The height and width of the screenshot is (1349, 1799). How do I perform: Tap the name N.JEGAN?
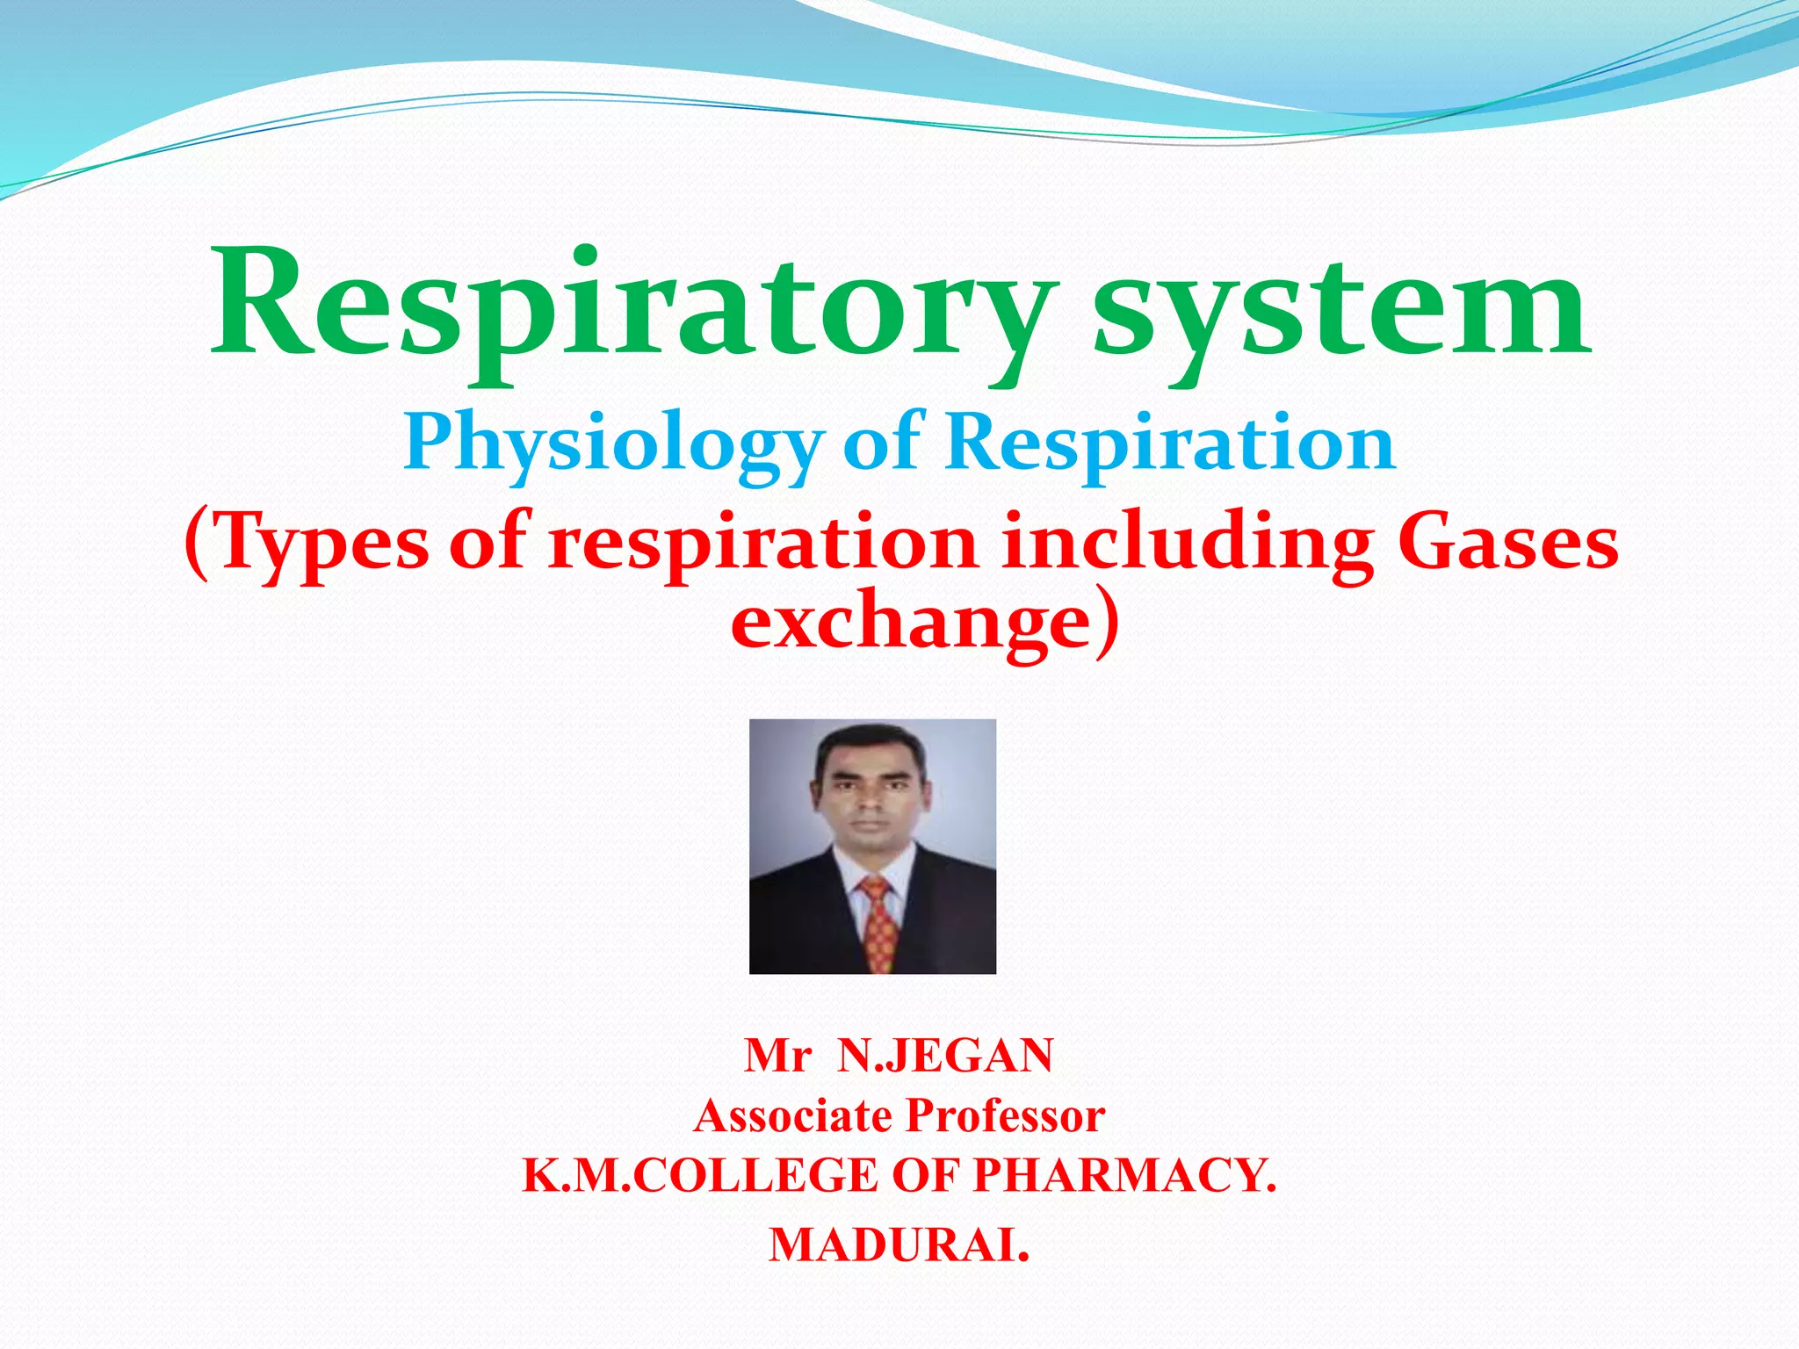point(945,1056)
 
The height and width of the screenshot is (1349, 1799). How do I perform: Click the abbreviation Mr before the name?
point(777,1056)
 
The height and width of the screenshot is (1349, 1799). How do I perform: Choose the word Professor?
point(1005,1116)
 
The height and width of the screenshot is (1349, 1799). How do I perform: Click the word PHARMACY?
point(1124,1176)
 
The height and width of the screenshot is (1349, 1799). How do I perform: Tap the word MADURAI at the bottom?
point(896,1245)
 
